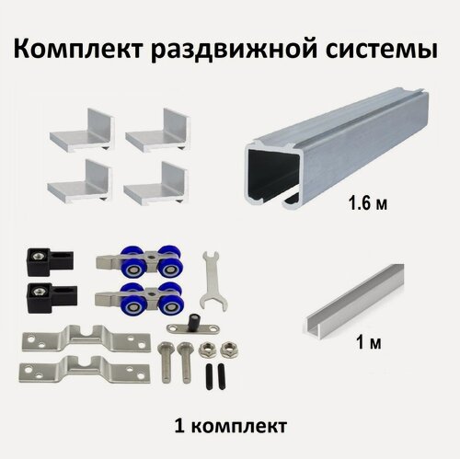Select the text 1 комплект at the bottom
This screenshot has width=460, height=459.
229,427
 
